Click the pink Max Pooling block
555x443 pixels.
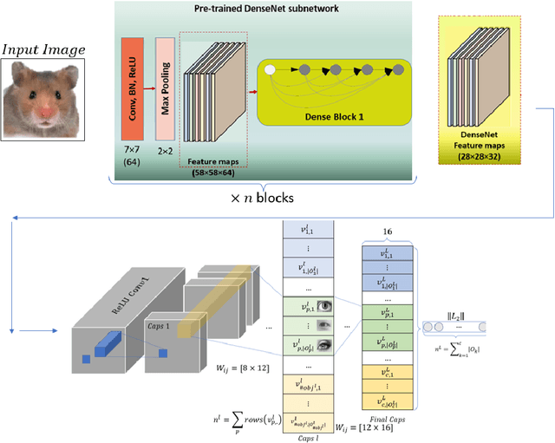click(x=165, y=82)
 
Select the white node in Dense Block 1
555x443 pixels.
click(x=270, y=68)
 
